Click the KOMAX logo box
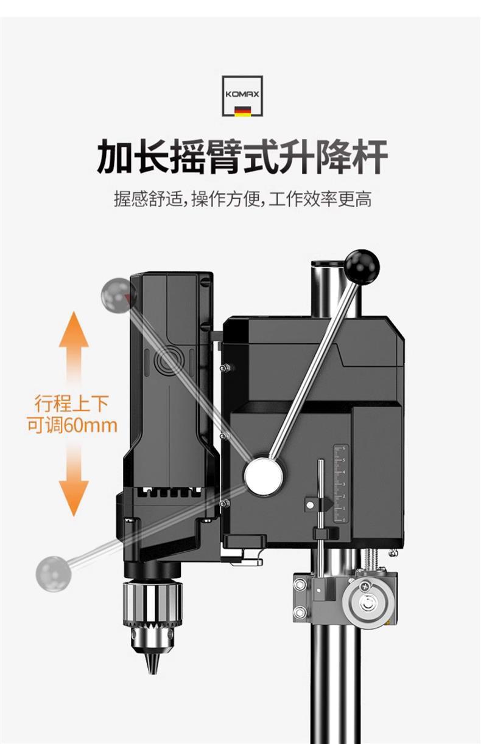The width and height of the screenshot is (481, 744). [x=242, y=95]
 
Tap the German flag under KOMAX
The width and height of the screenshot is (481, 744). [x=242, y=111]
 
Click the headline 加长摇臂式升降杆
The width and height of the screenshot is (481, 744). [x=242, y=156]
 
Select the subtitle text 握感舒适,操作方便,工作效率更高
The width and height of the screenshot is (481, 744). [x=242, y=199]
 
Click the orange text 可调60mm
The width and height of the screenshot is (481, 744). [x=72, y=424]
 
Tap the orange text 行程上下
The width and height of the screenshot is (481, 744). [x=72, y=403]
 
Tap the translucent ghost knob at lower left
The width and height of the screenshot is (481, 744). [x=54, y=572]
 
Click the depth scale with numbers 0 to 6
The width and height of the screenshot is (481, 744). [x=339, y=484]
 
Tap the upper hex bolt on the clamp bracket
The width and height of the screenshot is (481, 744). [x=300, y=585]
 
